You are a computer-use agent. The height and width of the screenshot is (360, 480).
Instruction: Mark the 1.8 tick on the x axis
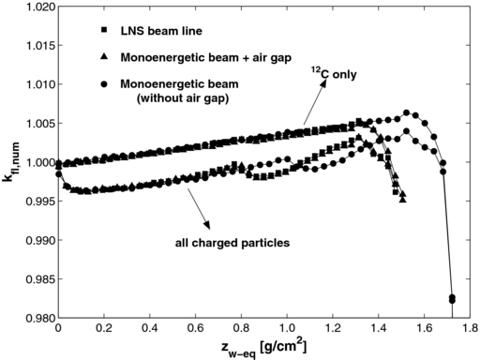[469, 330]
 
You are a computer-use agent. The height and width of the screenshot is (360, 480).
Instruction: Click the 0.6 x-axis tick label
[195, 330]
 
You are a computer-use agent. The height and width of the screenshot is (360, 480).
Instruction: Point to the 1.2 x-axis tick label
[332, 330]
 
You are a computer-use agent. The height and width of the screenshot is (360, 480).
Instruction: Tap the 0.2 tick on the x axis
[104, 330]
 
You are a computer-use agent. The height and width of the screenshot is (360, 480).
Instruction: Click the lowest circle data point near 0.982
[452, 299]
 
